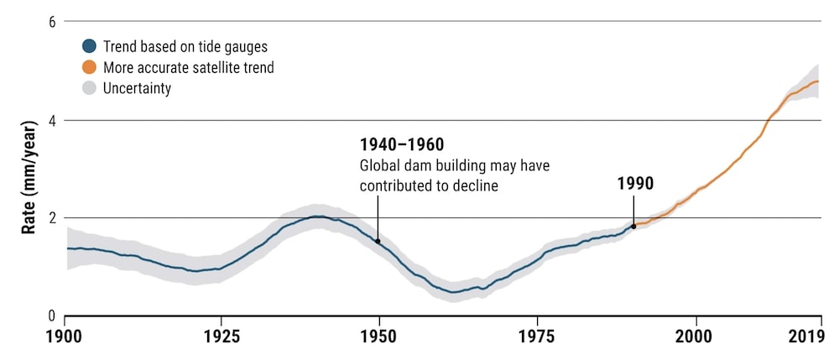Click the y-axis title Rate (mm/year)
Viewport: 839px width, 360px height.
[x=28, y=169]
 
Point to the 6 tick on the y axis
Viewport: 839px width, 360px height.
[x=52, y=22]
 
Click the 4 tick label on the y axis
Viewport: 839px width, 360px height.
[x=52, y=120]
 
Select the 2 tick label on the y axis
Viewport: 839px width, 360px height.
[x=52, y=218]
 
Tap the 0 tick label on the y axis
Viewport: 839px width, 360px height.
[x=52, y=316]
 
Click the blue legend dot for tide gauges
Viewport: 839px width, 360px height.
[x=89, y=47]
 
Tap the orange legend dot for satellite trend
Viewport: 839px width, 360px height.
[x=89, y=68]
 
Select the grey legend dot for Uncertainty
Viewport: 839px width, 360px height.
[x=89, y=88]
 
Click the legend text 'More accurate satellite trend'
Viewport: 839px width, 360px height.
[x=188, y=68]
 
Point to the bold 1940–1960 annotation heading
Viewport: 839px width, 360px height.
[x=402, y=145]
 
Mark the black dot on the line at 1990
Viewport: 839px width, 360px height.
[x=633, y=226]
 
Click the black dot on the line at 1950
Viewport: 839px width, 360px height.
[x=378, y=241]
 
